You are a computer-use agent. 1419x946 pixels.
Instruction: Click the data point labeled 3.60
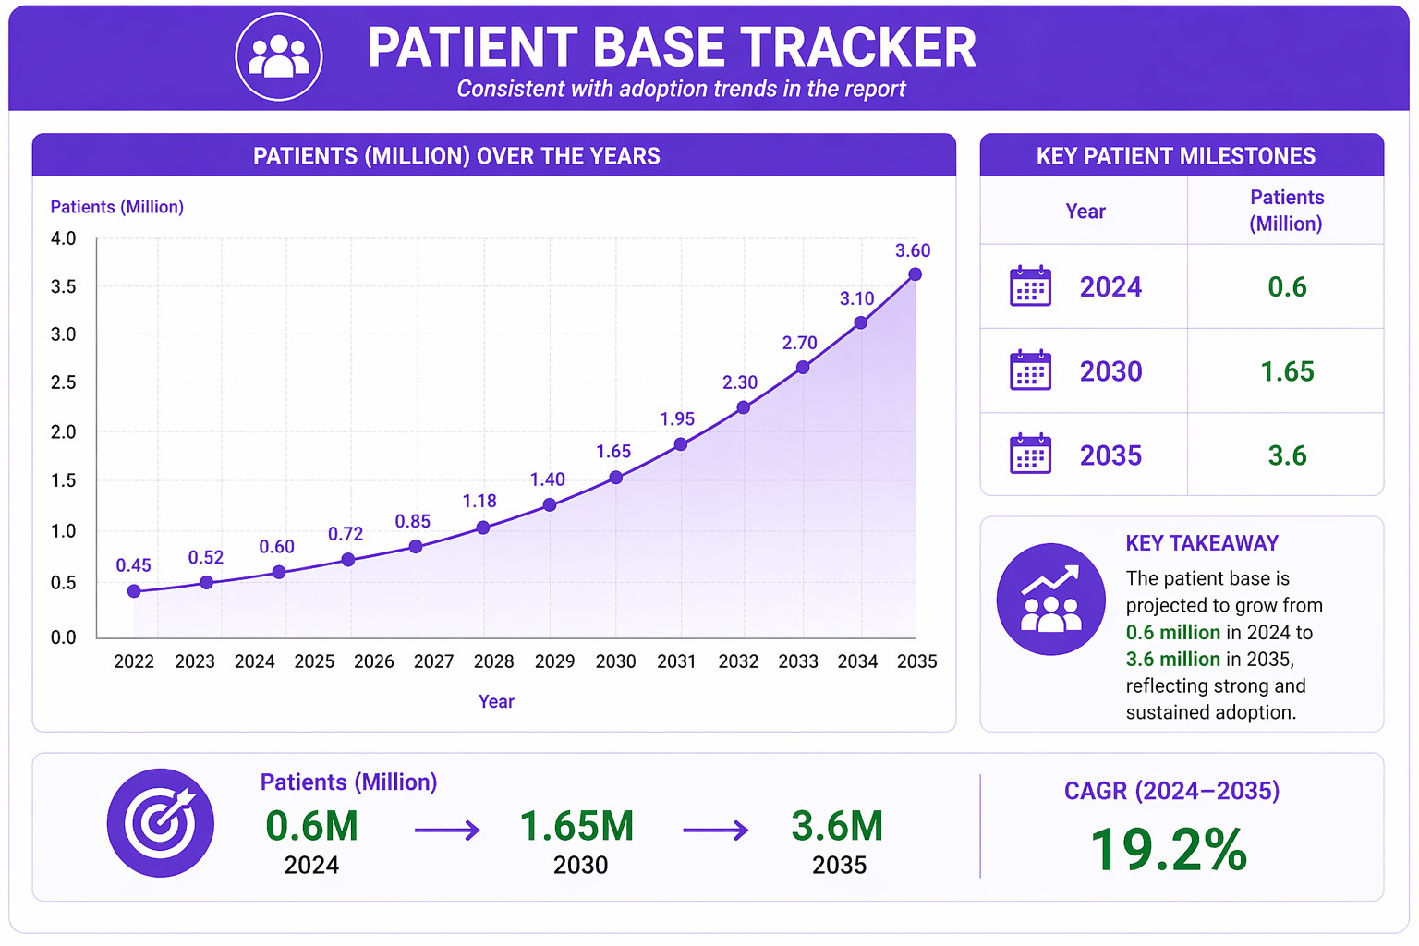(915, 274)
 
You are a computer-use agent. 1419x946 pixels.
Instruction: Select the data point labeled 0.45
(134, 591)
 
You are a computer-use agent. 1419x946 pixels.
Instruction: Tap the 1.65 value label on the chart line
(613, 451)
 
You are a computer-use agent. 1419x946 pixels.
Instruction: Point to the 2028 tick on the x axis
(493, 661)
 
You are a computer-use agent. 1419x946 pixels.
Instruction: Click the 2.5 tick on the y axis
(64, 382)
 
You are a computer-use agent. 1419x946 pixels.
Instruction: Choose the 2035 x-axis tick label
(916, 661)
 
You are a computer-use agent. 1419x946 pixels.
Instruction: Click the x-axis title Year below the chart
(496, 701)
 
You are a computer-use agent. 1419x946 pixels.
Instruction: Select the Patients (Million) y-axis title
(117, 207)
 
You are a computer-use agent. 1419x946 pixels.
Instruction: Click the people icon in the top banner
(279, 56)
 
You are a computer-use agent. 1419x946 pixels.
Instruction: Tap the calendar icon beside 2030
(1030, 370)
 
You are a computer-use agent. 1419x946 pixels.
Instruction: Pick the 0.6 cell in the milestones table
(1287, 287)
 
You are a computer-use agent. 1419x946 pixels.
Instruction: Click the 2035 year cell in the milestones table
(1110, 455)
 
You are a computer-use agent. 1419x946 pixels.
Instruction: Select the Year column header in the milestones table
(1085, 211)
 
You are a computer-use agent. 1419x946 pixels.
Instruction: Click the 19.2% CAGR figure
(1169, 850)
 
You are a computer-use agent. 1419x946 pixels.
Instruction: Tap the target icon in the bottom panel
(160, 823)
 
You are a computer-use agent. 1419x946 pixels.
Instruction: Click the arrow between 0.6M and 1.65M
(447, 830)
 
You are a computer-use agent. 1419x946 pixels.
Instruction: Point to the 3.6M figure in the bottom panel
(837, 826)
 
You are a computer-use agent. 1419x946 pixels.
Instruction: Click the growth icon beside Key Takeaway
(1051, 599)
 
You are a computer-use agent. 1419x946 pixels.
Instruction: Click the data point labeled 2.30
(744, 407)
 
